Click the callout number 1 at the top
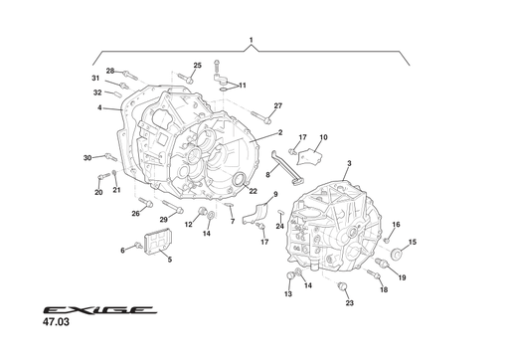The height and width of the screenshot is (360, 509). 252,40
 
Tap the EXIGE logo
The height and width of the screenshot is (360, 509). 98,310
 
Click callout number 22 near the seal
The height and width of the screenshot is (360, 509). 253,191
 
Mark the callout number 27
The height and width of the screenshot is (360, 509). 278,105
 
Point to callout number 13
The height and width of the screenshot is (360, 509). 288,294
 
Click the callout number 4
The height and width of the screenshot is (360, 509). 100,107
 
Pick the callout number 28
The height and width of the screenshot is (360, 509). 110,71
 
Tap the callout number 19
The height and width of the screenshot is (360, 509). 402,277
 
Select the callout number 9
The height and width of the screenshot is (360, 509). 275,195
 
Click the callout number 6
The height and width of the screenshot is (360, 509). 123,250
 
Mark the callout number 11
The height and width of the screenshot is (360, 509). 242,86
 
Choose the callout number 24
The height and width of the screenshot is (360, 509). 280,226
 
